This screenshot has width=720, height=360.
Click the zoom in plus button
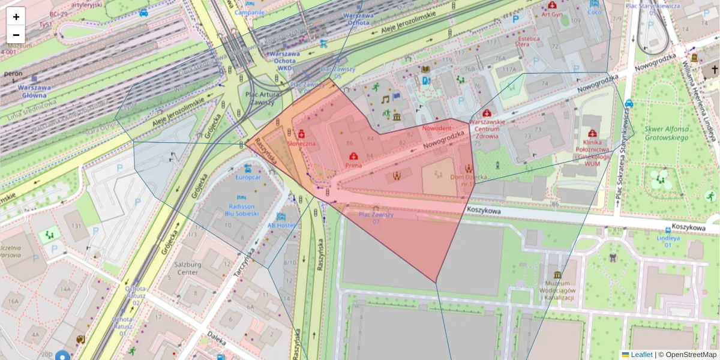[x=16, y=16]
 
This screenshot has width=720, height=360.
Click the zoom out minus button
[x=16, y=35]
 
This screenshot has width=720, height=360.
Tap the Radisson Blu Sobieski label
[x=241, y=209]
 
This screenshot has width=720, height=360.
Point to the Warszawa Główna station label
[x=34, y=91]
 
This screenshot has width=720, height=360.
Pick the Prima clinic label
[x=353, y=164]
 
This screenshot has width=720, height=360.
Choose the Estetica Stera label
[x=528, y=41]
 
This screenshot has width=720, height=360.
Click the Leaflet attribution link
[x=641, y=355]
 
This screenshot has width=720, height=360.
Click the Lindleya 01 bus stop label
[x=668, y=238]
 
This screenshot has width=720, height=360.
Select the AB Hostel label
[x=280, y=225]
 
